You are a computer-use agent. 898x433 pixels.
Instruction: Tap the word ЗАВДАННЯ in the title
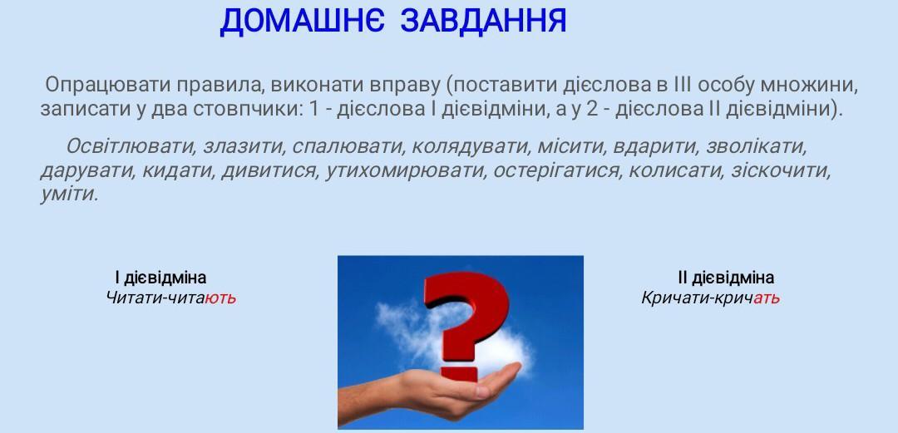[x=483, y=21]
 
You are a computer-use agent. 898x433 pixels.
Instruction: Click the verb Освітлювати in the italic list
[x=130, y=146]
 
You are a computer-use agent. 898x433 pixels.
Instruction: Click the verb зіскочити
[x=779, y=170]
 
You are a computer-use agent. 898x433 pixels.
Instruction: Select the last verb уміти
[x=68, y=194]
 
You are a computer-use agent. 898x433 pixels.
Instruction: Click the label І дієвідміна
[x=160, y=278]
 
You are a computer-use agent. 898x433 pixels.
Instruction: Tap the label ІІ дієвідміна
[x=726, y=278]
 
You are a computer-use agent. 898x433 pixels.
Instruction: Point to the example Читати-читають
[x=170, y=298]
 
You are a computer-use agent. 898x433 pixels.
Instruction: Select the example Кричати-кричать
[x=710, y=298]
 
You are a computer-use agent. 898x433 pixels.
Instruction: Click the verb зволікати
[x=756, y=146]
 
